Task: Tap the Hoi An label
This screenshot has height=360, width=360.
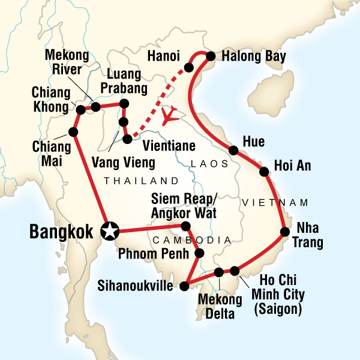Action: click(292, 166)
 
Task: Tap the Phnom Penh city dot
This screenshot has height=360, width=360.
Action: click(200, 253)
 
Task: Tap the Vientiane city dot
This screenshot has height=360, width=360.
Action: click(127, 139)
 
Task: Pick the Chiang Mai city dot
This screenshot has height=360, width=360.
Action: click(73, 132)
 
